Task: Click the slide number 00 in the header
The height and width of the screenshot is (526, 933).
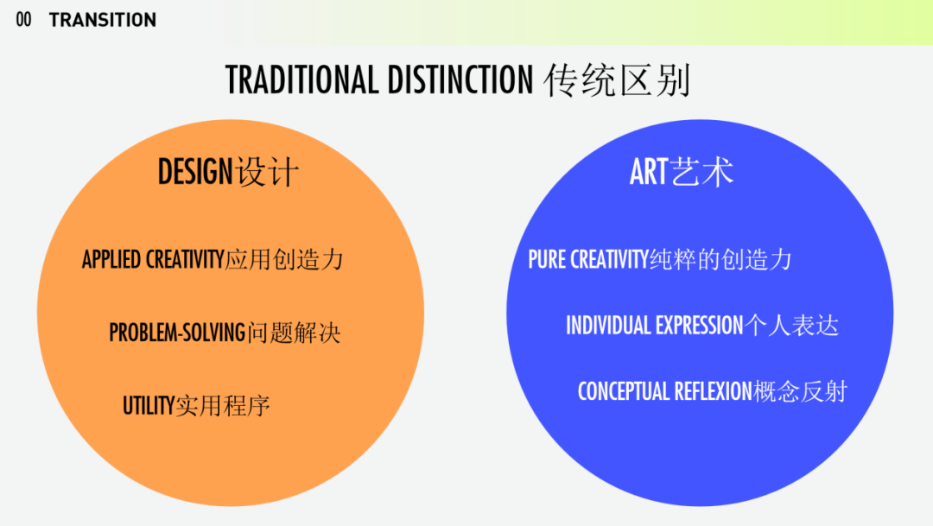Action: click(x=24, y=20)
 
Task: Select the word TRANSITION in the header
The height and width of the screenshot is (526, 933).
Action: click(x=103, y=20)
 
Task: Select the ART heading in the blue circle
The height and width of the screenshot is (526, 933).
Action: click(x=649, y=173)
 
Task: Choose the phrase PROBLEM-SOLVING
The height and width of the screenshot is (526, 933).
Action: click(x=177, y=333)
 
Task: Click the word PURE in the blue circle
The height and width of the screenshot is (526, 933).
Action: click(x=547, y=259)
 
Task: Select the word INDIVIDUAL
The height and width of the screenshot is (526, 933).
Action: click(x=608, y=326)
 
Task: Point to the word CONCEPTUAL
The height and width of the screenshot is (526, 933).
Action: click(x=624, y=391)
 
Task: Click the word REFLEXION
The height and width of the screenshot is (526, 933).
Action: click(x=713, y=391)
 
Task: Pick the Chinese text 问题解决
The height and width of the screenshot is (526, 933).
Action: click(x=294, y=333)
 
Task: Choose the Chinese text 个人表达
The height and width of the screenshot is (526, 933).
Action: click(x=792, y=326)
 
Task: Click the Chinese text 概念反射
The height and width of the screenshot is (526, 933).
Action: click(x=800, y=391)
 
